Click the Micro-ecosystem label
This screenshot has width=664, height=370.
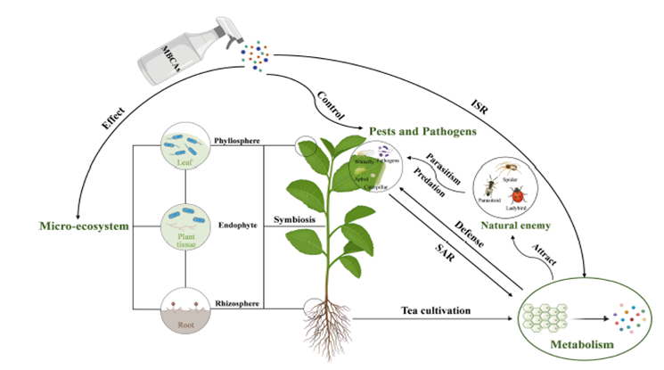coord(78,226)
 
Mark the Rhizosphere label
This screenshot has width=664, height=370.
coord(237,304)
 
